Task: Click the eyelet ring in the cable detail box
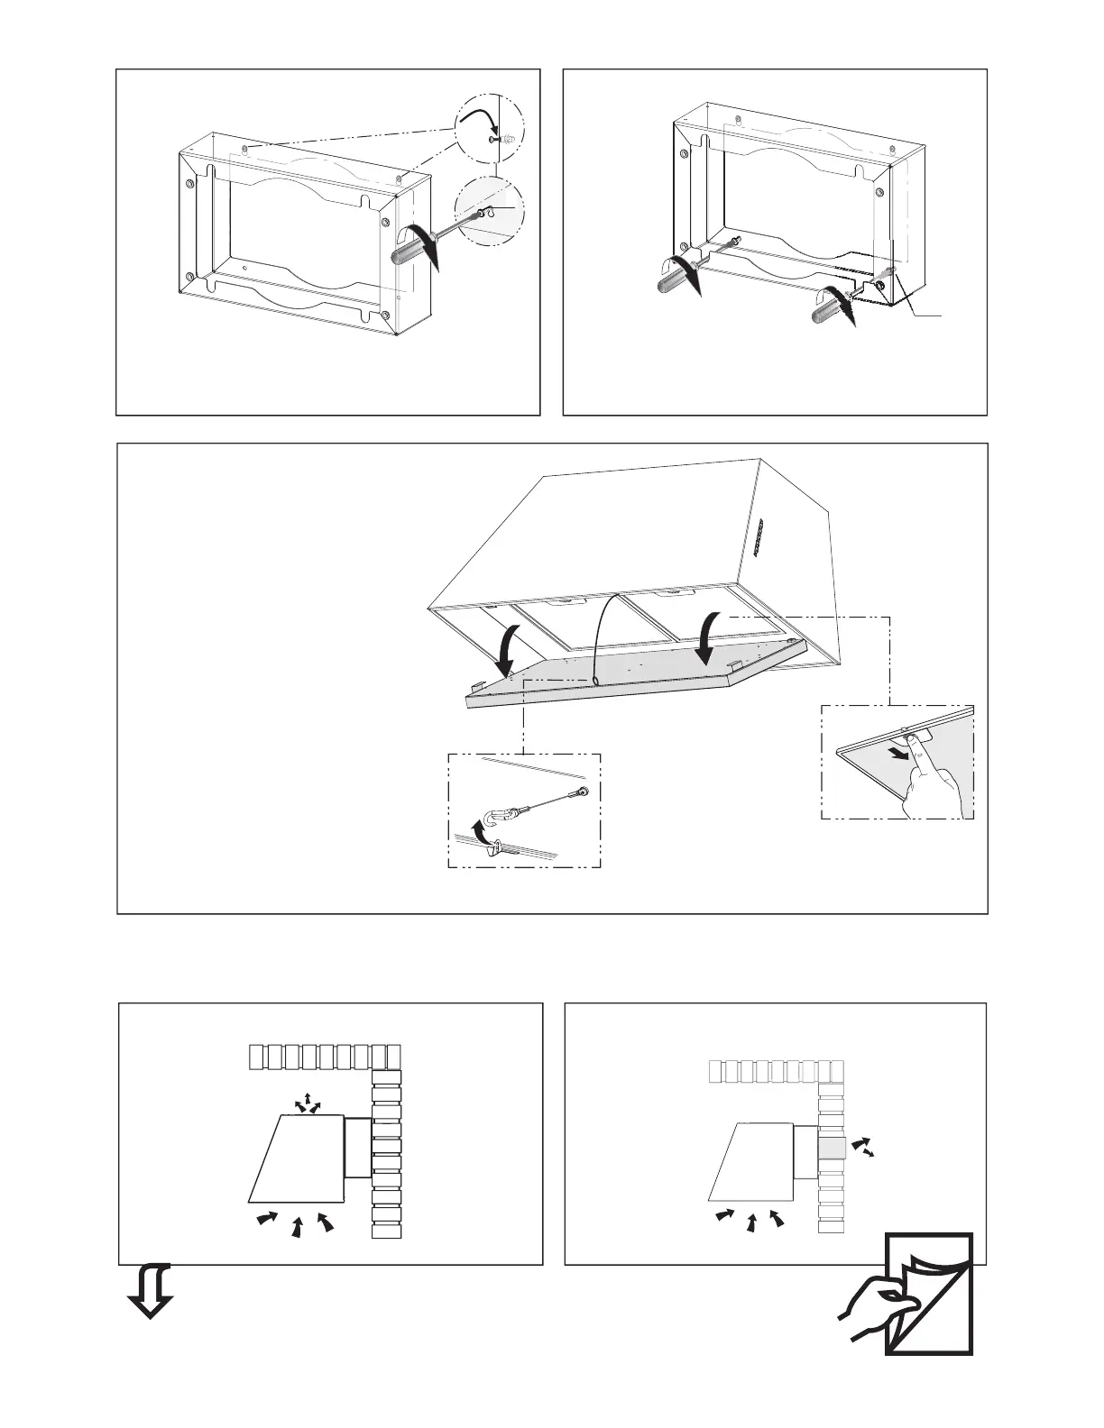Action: pos(584,792)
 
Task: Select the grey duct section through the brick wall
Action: pos(832,1149)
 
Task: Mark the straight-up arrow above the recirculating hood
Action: pos(306,1098)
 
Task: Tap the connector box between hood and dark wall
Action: pos(358,1147)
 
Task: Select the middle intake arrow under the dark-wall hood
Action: pos(297,1227)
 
